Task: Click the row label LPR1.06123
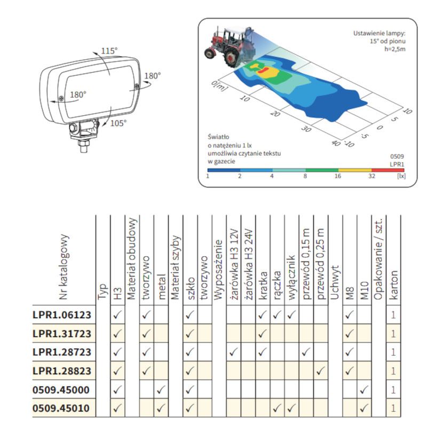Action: [x=62, y=315]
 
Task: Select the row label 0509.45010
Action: [x=61, y=408]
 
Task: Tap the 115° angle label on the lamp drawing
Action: [x=109, y=51]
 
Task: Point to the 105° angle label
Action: [x=118, y=123]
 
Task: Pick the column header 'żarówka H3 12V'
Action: [x=234, y=264]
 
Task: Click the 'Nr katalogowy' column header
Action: [x=64, y=267]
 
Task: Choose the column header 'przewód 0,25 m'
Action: [x=321, y=264]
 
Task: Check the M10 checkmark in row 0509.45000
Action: [x=364, y=390]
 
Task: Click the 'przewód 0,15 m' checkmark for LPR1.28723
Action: [x=306, y=352]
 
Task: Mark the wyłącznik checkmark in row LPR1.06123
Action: [x=291, y=315]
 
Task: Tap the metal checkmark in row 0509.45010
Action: [x=161, y=408]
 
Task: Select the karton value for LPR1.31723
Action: [x=393, y=334]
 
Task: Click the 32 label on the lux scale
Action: [x=371, y=176]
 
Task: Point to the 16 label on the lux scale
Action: [x=338, y=176]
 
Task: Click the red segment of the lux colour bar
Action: [x=388, y=170]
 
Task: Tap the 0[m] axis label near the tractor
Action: [x=219, y=86]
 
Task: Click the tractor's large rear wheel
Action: [x=232, y=57]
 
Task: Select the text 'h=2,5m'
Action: [x=395, y=49]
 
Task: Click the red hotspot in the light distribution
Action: [x=263, y=70]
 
